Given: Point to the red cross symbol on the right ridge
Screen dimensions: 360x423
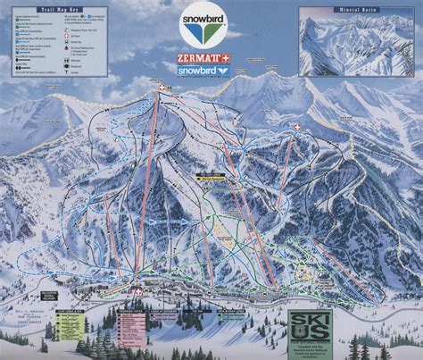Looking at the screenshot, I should [297, 129].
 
